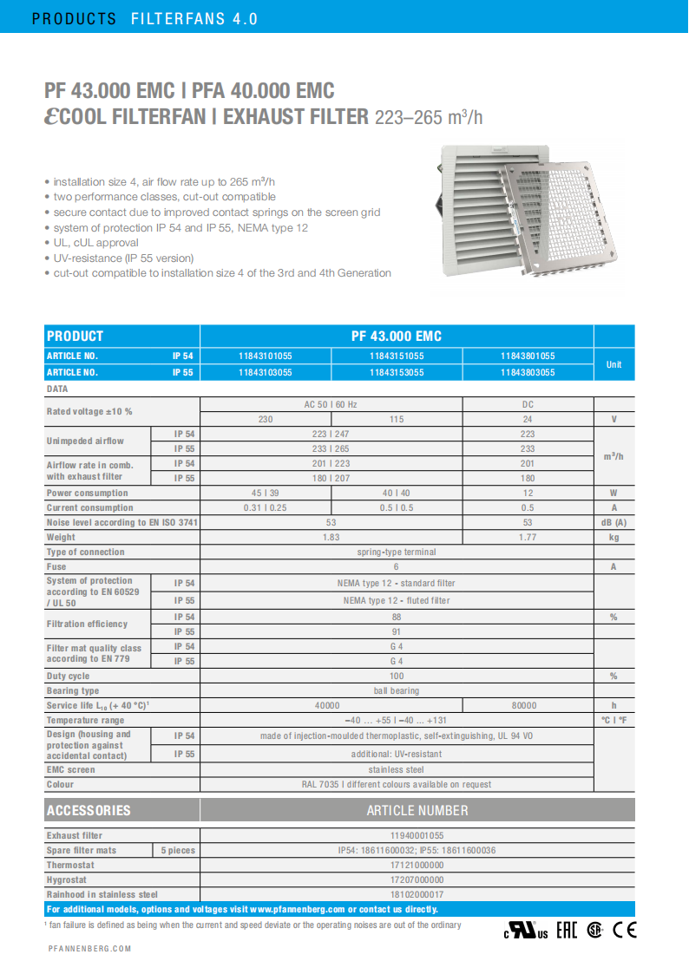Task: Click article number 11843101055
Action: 266,356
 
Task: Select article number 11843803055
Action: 528,372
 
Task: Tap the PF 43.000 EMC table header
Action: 397,336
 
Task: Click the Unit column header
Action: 614,364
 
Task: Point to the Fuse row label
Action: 57,566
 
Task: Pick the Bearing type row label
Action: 73,690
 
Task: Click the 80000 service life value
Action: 528,705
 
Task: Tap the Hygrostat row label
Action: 66,879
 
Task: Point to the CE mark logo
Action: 625,930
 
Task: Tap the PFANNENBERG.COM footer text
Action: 89,949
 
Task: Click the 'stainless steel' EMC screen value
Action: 397,769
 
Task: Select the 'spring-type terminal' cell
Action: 397,552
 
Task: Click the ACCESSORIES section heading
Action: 89,810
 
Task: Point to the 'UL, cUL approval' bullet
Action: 95,243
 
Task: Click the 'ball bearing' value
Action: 397,690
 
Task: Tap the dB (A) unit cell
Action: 614,522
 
